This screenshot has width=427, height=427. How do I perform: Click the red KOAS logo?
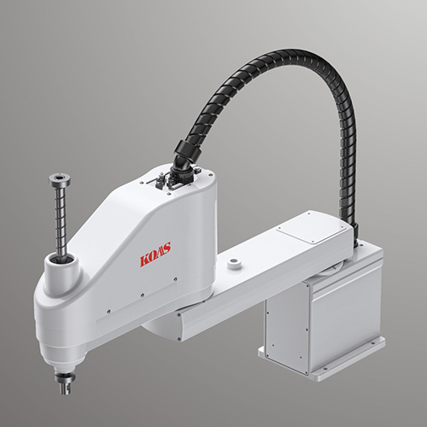coord(155,254)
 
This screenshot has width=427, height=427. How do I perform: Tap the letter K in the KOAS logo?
coord(144,260)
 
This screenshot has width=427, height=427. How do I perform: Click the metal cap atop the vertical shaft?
coord(60,180)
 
